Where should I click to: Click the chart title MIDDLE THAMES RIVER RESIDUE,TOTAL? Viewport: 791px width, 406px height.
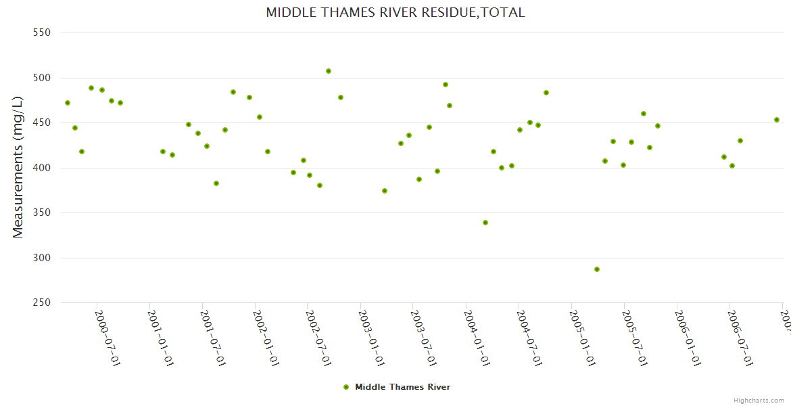click(395, 12)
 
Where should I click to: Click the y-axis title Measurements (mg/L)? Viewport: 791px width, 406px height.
click(18, 167)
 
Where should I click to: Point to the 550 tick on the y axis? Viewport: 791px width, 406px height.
click(43, 32)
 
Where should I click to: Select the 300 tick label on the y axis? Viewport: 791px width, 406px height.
click(43, 258)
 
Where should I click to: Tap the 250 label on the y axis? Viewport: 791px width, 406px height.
click(43, 303)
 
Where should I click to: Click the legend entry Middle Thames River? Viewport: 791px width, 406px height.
click(402, 387)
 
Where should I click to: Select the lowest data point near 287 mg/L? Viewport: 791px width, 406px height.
click(597, 269)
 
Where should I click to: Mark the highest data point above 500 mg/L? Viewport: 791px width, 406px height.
click(329, 71)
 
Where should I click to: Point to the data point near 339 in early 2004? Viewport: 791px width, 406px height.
click(485, 223)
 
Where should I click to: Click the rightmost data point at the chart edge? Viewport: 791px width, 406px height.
click(777, 120)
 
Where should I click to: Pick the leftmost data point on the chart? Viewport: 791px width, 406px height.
click(68, 103)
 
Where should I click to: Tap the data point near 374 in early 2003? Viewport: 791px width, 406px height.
click(385, 191)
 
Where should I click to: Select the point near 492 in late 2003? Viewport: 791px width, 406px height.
click(446, 85)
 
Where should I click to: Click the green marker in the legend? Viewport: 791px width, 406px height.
click(346, 387)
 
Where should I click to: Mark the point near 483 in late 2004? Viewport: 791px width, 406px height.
click(546, 93)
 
